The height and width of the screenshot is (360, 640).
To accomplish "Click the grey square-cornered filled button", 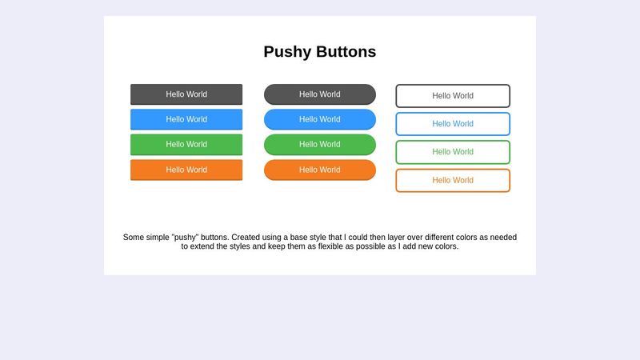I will pyautogui.click(x=186, y=94).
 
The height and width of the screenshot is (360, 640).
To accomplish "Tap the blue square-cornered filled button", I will pyautogui.click(x=186, y=119).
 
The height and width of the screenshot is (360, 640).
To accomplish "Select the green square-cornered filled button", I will pyautogui.click(x=186, y=144).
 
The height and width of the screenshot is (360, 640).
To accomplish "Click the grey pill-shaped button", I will pyautogui.click(x=320, y=94).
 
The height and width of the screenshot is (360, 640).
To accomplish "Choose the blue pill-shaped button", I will pyautogui.click(x=320, y=119).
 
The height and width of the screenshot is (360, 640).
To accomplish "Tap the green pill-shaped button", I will pyautogui.click(x=320, y=144).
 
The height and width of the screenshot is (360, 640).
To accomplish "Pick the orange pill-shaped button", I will pyautogui.click(x=320, y=170).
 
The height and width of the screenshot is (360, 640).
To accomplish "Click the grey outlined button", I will pyautogui.click(x=453, y=96).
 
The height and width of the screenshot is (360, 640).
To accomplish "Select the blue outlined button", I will pyautogui.click(x=453, y=124).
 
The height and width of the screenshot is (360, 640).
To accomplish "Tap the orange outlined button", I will pyautogui.click(x=453, y=181).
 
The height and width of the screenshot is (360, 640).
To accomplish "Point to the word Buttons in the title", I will pyautogui.click(x=346, y=52).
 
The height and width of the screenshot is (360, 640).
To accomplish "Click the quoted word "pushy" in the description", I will pyautogui.click(x=186, y=238).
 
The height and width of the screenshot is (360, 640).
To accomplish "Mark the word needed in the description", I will pyautogui.click(x=502, y=238).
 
